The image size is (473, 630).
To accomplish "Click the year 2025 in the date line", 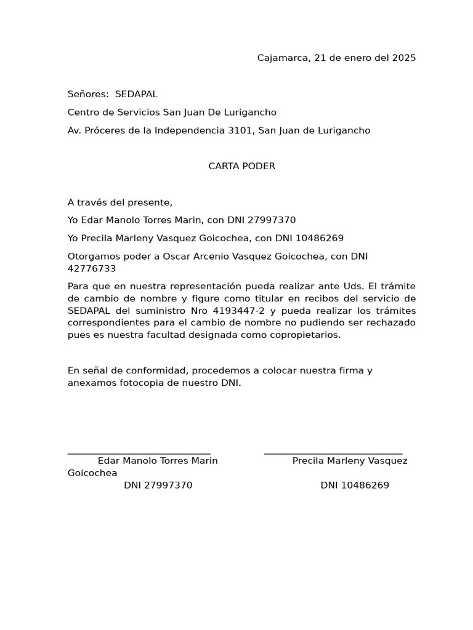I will tap(403, 58).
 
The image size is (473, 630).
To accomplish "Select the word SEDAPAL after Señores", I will tap(136, 94).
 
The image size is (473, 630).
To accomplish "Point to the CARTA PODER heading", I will tap(241, 166).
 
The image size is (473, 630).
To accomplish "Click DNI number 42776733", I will tap(92, 269).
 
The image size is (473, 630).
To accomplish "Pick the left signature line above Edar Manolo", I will tap(139, 453).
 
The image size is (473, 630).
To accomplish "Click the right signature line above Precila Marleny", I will tap(333, 453).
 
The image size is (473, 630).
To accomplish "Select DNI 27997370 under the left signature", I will tap(158, 485).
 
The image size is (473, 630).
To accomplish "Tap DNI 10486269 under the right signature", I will tap(355, 485).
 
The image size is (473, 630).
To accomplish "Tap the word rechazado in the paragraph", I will tap(392, 323).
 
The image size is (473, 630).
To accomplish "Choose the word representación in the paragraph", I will tap(200, 287).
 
